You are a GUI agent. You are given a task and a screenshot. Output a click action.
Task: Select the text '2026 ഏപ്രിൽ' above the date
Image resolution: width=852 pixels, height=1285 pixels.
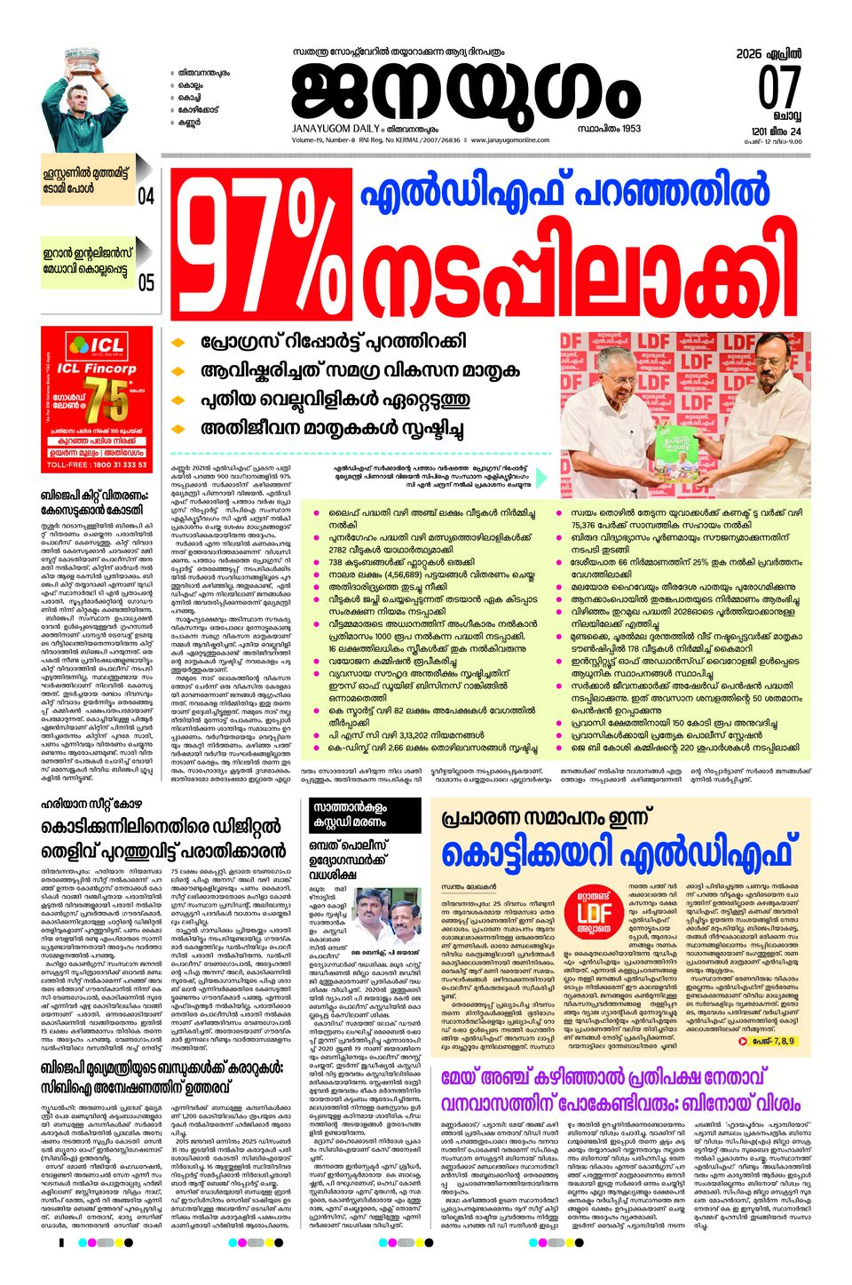click(768, 54)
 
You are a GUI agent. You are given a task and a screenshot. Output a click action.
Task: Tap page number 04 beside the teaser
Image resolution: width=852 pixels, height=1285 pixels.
click(146, 195)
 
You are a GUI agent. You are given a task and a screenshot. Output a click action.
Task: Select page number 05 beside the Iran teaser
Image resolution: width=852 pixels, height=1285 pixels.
click(146, 282)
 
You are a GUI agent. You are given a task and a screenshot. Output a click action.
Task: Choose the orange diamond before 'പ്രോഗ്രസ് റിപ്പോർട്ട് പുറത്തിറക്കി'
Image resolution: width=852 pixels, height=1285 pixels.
click(178, 342)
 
